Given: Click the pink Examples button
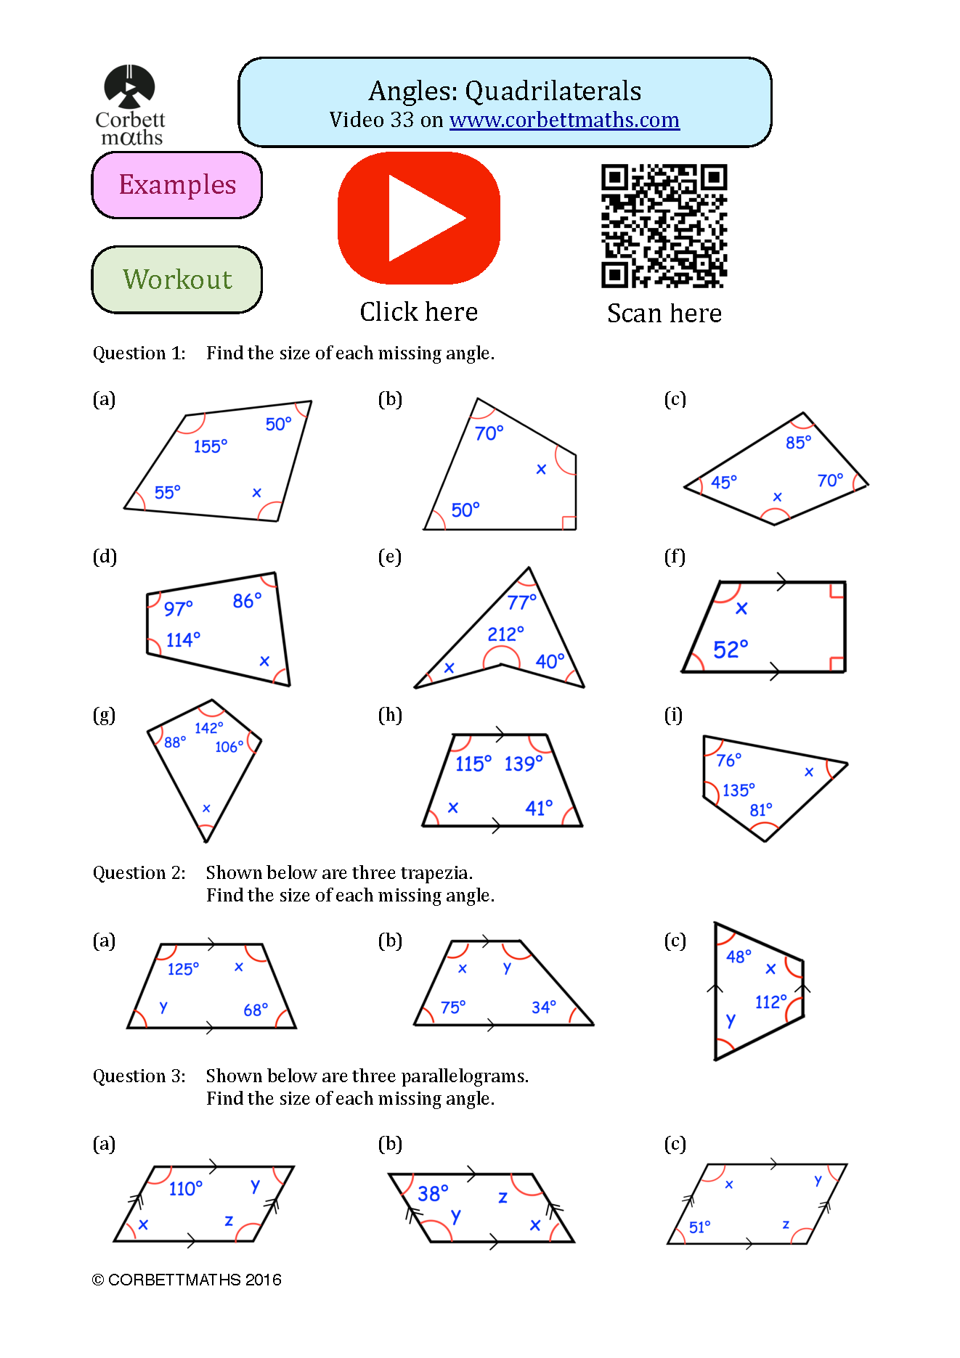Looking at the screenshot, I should point(176,185).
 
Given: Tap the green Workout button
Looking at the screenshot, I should point(176,279).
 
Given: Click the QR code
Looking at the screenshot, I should point(664,226).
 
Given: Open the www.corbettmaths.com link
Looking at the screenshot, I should point(564,120).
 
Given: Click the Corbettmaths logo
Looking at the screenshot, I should point(130,105).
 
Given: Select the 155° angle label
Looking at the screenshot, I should point(210,446).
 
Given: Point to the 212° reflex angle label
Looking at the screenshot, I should point(505,634).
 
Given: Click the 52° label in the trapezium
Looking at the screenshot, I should point(730,649).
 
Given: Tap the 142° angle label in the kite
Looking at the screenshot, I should point(208,727).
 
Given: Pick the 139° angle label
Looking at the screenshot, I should point(523,764).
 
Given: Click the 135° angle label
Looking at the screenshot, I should point(739,790).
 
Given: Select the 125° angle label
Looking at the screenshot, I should point(183,969).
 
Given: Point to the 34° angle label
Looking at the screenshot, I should point(543,1007).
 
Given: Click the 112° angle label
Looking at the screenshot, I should point(770,1002).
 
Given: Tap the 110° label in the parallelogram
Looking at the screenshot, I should point(185,1188).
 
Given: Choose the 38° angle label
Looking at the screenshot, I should point(433,1193).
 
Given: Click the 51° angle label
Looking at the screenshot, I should point(699,1227).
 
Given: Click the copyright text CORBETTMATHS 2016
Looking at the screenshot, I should point(187,1280).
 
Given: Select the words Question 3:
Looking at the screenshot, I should point(139,1076).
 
